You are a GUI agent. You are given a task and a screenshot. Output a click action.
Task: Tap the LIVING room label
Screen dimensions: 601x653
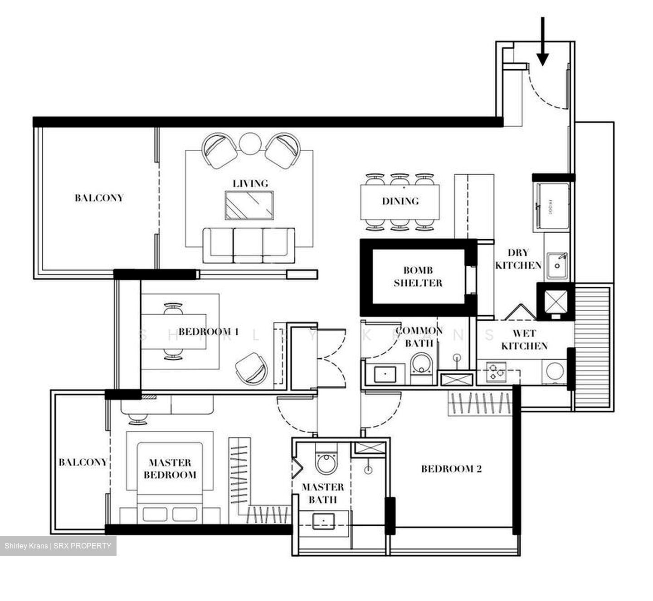250,183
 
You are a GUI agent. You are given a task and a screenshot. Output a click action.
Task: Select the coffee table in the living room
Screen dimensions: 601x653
249,205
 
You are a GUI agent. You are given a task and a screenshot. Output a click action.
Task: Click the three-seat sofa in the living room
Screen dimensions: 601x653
248,245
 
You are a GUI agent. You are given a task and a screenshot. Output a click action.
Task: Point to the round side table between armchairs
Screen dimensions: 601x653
249,143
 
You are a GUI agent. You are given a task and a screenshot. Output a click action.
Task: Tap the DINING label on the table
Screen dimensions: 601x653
400,201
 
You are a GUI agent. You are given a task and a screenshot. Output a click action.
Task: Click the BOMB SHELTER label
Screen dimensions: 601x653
418,277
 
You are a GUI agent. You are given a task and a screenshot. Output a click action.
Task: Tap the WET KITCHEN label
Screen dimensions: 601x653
524,340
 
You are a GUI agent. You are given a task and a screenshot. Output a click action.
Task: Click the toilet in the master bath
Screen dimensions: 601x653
326,462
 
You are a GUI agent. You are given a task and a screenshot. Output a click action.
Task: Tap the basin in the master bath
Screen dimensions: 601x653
324,520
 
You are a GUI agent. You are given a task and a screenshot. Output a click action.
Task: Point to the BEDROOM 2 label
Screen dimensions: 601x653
451,469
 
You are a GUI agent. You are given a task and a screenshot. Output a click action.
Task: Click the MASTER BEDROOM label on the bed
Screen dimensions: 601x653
170,469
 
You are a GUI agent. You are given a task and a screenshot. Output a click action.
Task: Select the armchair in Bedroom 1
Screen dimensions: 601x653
251,368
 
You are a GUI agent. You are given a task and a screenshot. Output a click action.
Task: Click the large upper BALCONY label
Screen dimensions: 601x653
99,198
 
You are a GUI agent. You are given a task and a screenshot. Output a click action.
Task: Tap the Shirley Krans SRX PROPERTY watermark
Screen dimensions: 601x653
58,546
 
